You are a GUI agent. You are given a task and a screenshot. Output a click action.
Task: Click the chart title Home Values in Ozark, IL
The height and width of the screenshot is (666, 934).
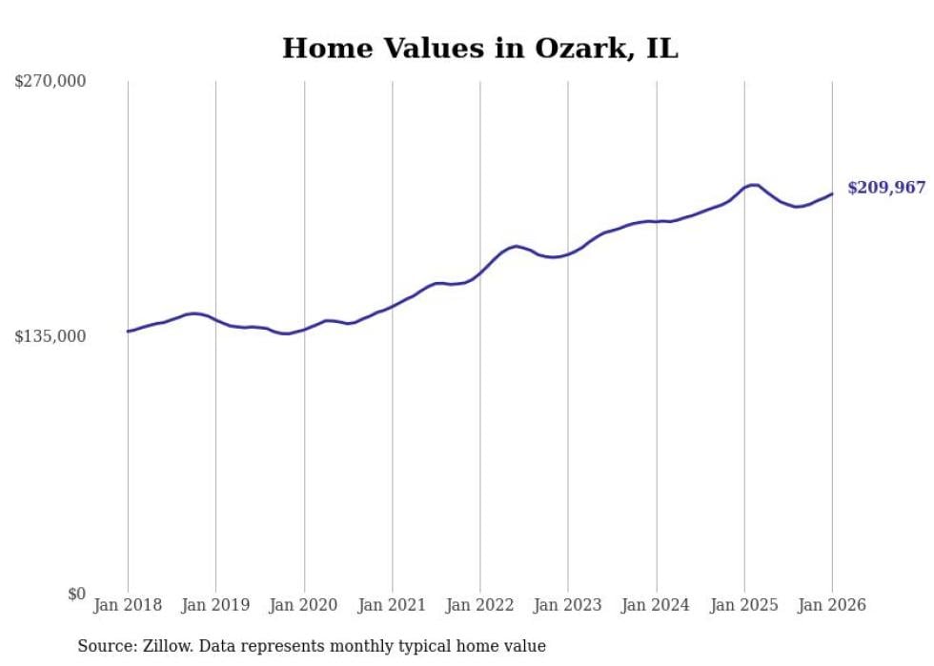pos(479,49)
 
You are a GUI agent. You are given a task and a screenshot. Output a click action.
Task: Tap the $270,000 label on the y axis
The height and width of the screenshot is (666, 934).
pos(50,82)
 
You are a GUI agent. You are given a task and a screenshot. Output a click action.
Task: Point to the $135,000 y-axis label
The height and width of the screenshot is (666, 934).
pos(50,336)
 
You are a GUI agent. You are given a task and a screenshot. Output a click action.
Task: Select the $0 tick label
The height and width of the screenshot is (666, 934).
pos(76,594)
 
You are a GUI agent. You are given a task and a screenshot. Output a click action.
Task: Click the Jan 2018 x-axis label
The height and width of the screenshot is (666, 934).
pos(128,605)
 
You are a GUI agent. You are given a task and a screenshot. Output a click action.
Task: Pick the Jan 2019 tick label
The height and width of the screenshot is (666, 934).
pos(215,605)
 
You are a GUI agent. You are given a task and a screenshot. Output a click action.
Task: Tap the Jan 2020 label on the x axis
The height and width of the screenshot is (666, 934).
pos(304,605)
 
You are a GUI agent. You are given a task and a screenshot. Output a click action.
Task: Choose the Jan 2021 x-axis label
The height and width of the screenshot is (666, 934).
pos(392,605)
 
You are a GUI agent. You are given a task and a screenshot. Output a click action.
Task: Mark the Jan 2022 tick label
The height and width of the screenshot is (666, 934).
pos(480,605)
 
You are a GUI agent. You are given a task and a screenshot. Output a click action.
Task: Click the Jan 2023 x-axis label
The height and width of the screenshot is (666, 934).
pos(568,605)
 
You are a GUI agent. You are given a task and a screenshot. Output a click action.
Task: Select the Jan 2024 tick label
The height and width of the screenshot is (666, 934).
pos(657,605)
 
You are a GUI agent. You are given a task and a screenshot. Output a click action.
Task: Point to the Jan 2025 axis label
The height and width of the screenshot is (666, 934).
pos(744,605)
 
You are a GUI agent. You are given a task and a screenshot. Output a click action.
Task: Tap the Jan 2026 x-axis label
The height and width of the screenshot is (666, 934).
pos(832,605)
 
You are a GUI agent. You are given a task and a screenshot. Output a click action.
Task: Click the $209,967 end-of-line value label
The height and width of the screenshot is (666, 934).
pos(886,188)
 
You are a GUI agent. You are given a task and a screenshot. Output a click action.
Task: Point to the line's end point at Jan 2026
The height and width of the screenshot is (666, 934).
pos(832,194)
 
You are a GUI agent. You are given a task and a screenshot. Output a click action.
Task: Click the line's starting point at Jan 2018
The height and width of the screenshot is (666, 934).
pos(128,332)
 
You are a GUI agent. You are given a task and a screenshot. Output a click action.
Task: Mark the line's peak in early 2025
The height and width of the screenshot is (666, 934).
pos(753,185)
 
